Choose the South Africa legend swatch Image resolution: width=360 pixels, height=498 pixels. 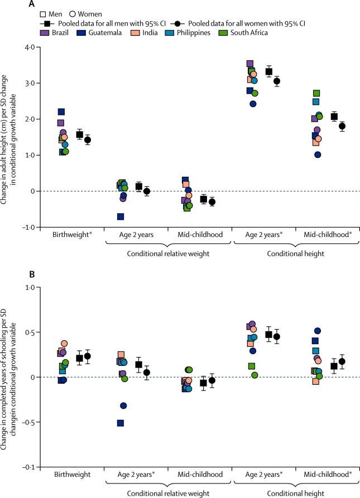[246, 32]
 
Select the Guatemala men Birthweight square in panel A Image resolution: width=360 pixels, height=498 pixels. [61, 112]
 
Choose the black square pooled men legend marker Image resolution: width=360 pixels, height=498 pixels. [50, 23]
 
